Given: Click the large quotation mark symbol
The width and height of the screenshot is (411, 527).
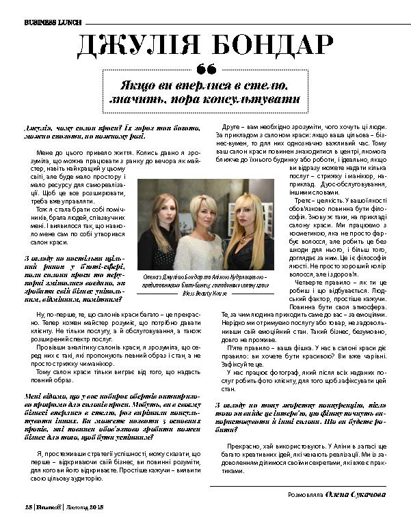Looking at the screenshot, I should coord(205,69).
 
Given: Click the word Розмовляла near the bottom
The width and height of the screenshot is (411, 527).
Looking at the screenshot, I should coord(304,494).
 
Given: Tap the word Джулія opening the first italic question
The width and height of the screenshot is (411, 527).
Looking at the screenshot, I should coord(37,128).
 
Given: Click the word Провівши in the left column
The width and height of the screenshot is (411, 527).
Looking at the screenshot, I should coord(49,346).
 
